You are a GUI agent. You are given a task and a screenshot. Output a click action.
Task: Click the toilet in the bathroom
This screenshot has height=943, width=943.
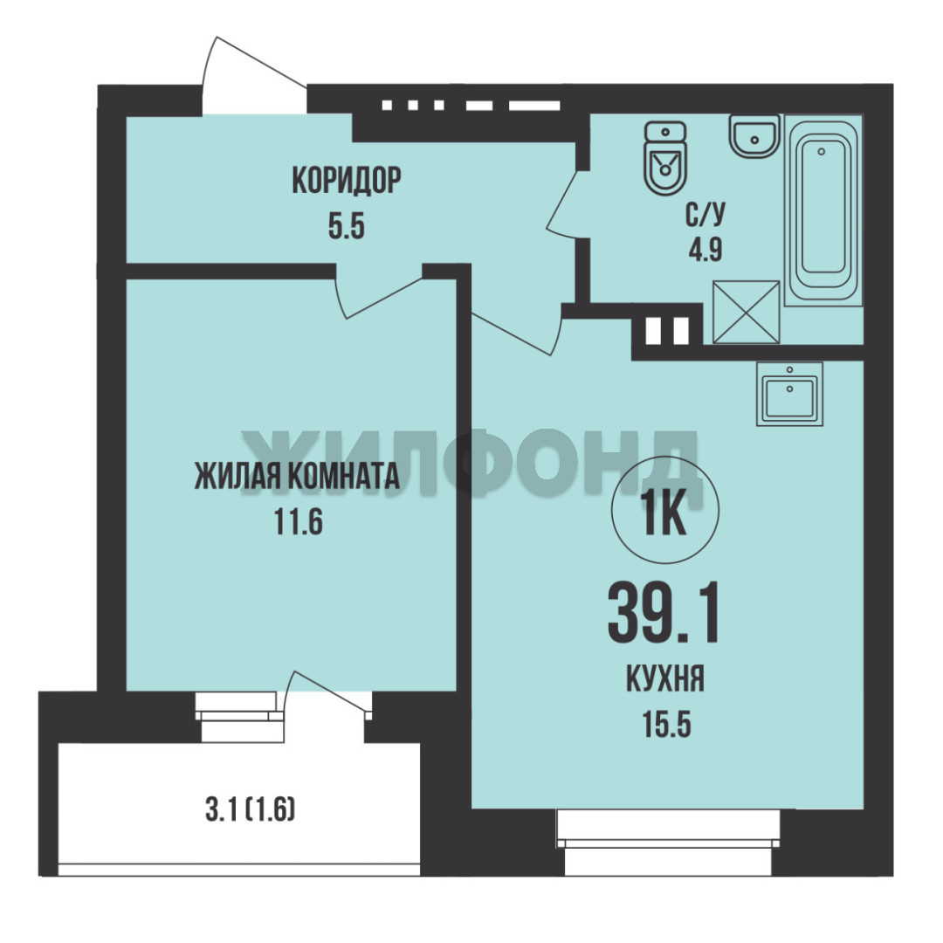[664, 158]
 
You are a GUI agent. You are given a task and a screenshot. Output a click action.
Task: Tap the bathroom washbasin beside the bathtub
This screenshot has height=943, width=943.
[754, 136]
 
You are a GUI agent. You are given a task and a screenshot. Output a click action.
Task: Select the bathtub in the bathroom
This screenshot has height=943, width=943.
[823, 210]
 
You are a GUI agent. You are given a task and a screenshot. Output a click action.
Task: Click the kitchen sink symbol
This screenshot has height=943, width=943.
[789, 394]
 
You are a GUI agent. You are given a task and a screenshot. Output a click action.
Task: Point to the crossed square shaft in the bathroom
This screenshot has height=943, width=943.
[746, 312]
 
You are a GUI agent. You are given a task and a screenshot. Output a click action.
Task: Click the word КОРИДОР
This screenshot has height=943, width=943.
[347, 180]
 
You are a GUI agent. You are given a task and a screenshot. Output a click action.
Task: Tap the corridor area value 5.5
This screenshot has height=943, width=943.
[347, 227]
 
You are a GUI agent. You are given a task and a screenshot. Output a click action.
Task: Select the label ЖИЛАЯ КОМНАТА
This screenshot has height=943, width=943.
[297, 476]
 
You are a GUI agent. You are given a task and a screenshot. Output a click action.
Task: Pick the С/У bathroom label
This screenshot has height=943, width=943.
[706, 215]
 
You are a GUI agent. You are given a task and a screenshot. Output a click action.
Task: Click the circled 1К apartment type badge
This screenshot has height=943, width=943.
[665, 510]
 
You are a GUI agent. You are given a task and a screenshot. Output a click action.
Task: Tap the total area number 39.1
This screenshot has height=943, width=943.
[664, 614]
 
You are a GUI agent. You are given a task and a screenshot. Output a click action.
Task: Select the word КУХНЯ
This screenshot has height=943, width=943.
[665, 679]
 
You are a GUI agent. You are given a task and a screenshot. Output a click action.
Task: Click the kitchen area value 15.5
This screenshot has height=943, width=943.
[666, 724]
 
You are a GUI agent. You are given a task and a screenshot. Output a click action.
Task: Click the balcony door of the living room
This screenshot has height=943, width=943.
[327, 695]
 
